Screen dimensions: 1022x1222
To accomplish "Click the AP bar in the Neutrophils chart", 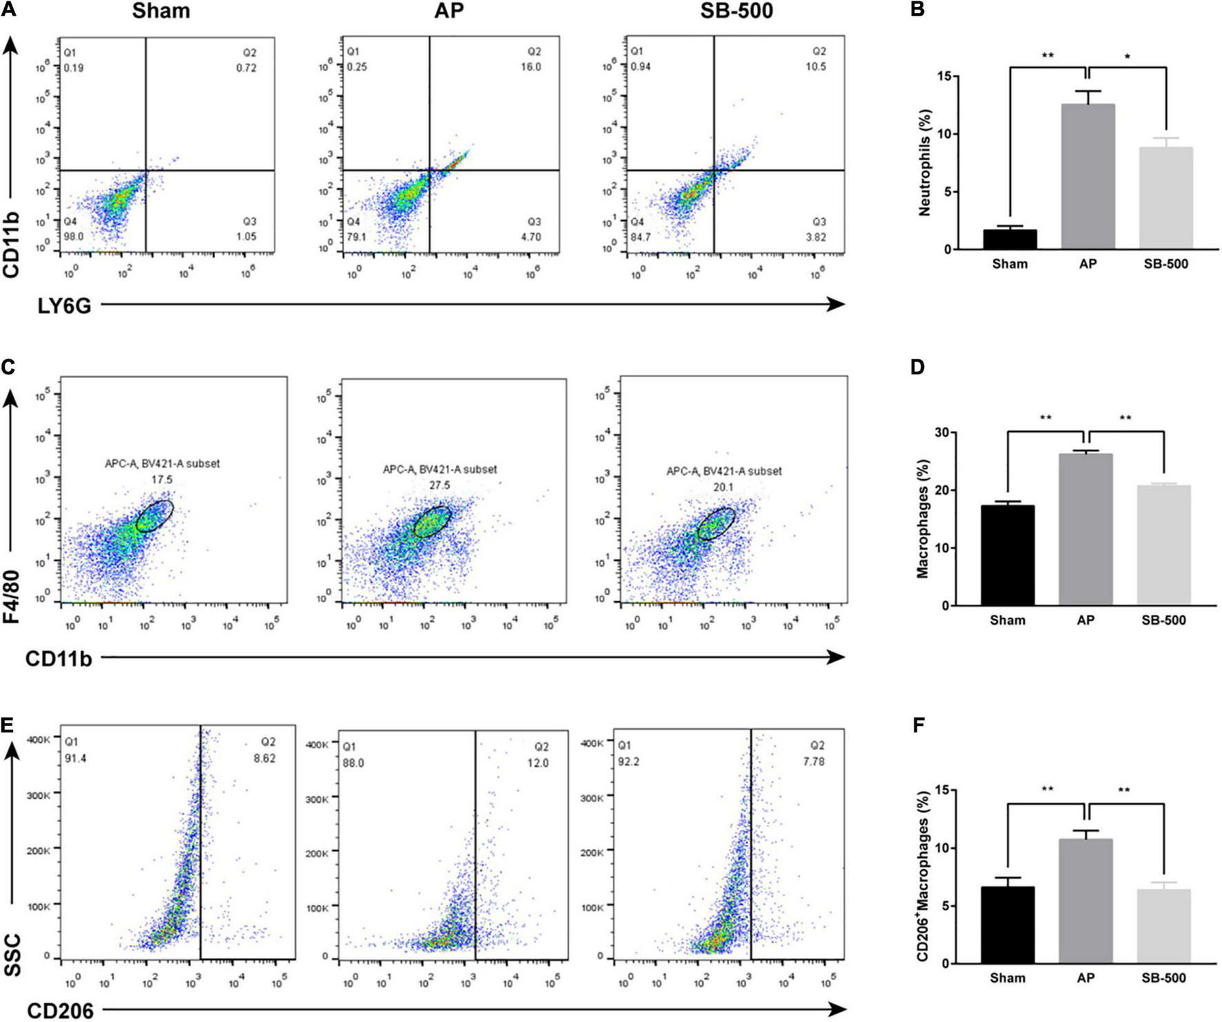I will [x=1088, y=177].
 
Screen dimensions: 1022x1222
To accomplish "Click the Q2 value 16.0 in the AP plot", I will [x=531, y=67].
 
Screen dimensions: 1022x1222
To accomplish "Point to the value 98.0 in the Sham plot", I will [x=74, y=237].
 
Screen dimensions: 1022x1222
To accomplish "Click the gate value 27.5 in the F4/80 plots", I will [x=439, y=485].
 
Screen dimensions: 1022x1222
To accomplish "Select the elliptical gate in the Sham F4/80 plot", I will [x=154, y=516].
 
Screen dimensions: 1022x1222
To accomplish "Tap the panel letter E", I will [x=8, y=726].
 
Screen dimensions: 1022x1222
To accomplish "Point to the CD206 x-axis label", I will [x=60, y=1011].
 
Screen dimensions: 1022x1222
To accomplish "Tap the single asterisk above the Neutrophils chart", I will [x=1126, y=56].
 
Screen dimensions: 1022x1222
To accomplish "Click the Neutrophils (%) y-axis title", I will [x=925, y=163].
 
